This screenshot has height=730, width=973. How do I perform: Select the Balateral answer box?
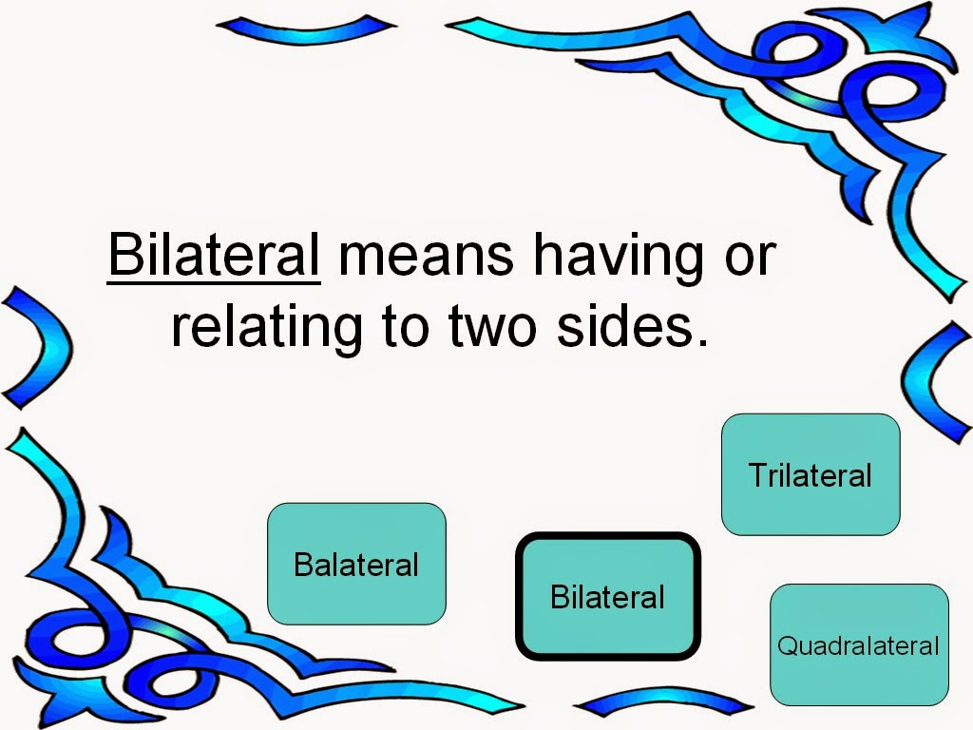pos(356,565)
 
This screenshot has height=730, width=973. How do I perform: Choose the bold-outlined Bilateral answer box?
pos(608,597)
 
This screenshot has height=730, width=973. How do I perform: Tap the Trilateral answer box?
pos(811,474)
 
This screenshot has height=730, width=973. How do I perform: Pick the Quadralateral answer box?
pos(859,646)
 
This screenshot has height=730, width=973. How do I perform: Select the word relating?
pos(267,328)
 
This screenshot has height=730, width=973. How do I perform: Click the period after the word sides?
pos(702,341)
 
